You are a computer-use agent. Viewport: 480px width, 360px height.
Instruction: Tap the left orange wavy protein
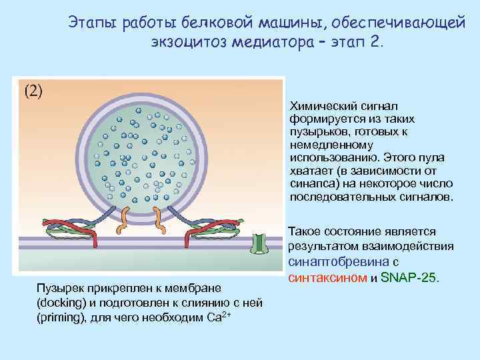click(122, 221)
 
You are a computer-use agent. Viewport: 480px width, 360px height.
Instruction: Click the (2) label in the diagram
click(33, 91)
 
